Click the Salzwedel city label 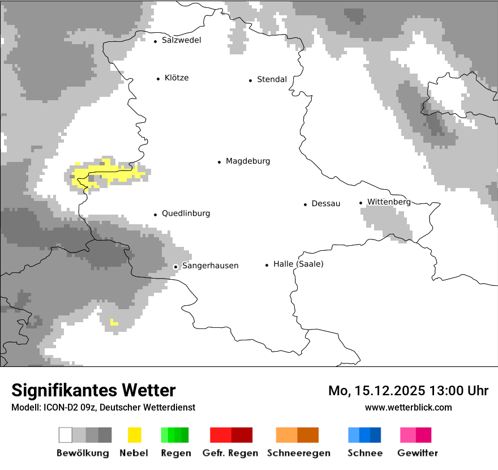pyautogui.click(x=181, y=40)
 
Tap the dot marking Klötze pyautogui.click(x=158, y=79)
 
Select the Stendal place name pyautogui.click(x=272, y=79)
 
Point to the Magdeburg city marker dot pyautogui.click(x=219, y=162)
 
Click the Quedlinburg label pyautogui.click(x=186, y=213)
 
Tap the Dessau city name pyautogui.click(x=325, y=203)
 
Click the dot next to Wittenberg pyautogui.click(x=360, y=203)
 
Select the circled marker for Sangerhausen pyautogui.click(x=175, y=266)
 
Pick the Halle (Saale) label pyautogui.click(x=298, y=264)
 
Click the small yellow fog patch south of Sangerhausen pyautogui.click(x=114, y=323)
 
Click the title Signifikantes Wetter pyautogui.click(x=93, y=390)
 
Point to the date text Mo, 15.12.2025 pyautogui.click(x=377, y=391)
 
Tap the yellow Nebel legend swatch pyautogui.click(x=134, y=435)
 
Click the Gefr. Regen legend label pyautogui.click(x=230, y=453)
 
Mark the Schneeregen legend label pyautogui.click(x=299, y=453)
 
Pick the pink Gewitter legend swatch pyautogui.click(x=407, y=435)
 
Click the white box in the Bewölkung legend pyautogui.click(x=65, y=435)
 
